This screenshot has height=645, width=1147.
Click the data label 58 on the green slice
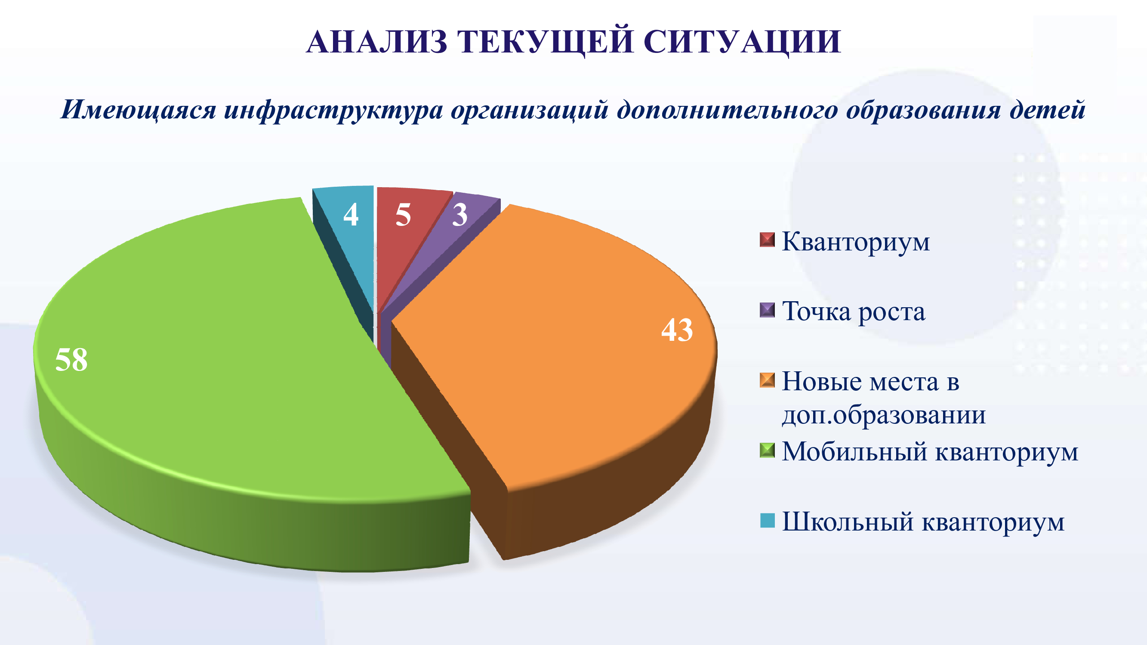(x=71, y=359)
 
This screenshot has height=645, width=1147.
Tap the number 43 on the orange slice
(x=677, y=330)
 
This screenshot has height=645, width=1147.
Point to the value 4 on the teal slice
(x=351, y=215)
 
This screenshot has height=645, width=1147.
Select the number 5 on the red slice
(x=403, y=215)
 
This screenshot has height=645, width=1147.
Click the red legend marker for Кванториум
(x=767, y=240)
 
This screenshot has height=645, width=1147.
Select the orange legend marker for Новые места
(x=767, y=380)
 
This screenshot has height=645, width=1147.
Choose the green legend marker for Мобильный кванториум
(x=767, y=451)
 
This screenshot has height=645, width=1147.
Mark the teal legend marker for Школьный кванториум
(x=767, y=520)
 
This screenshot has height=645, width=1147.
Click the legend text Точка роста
(x=854, y=311)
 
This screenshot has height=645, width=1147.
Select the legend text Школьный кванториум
(x=923, y=522)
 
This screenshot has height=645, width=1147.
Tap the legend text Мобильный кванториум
(x=930, y=452)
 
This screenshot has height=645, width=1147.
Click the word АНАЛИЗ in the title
(x=377, y=42)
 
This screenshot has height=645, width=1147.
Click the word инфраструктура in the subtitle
(x=333, y=111)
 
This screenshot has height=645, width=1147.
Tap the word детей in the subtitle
(x=1047, y=110)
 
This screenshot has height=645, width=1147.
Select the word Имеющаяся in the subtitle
(x=139, y=111)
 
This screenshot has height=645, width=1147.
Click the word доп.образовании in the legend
(x=884, y=415)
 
